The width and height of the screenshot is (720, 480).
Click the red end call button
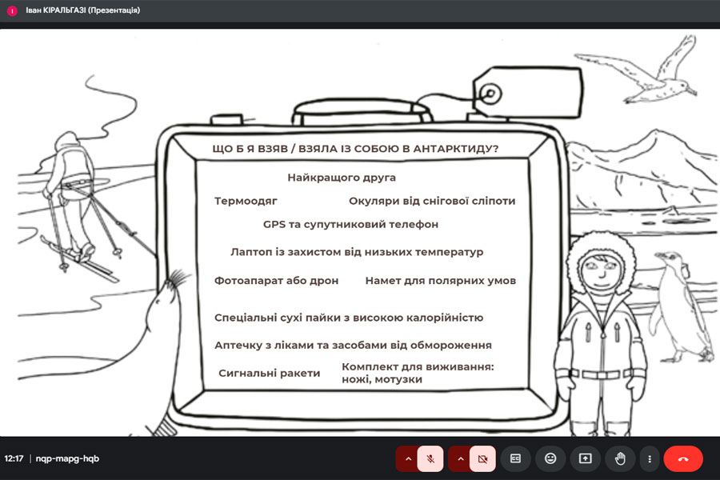(683, 458)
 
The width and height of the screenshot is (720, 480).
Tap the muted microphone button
(430, 458)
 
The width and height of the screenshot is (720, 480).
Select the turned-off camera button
(482, 458)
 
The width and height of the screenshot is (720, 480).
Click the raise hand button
(620, 458)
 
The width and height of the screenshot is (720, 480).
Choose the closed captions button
(516, 458)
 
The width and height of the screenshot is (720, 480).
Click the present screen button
(585, 458)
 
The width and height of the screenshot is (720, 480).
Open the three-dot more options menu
(650, 458)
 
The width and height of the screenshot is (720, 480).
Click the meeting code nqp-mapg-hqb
(67, 458)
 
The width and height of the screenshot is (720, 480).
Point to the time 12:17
(14, 458)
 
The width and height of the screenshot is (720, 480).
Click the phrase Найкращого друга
(342, 178)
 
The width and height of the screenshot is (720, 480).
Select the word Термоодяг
(246, 201)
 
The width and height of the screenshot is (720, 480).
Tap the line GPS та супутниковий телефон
(350, 225)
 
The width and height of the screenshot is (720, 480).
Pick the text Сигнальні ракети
(269, 373)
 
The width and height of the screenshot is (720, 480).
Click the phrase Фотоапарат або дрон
(276, 281)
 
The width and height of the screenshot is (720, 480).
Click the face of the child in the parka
(601, 270)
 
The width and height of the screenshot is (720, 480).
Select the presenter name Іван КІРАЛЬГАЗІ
(55, 10)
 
